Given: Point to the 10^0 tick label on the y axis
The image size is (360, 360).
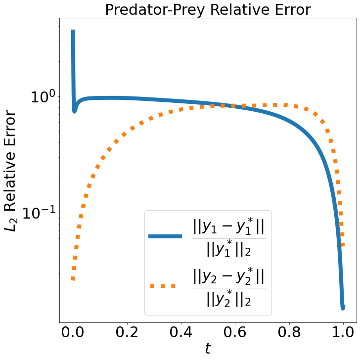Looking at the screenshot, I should coord(43,97).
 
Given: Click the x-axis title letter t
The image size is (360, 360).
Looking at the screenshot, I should coord(208,349).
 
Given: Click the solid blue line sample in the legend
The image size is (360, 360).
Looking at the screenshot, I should coord(166,237).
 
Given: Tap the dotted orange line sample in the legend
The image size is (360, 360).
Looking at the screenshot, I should coord(166,286).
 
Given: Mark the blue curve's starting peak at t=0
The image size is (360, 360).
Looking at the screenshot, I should coord(73,32).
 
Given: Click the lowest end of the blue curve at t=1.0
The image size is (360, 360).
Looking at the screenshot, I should coord(343,307).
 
